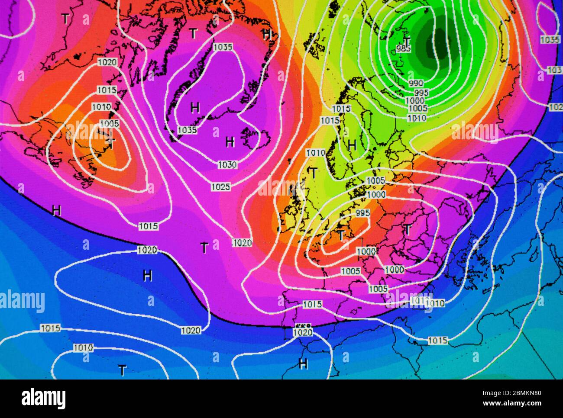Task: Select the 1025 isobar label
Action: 221,186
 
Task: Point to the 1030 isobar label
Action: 227,164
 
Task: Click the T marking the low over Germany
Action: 341,235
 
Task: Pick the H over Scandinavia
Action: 352,145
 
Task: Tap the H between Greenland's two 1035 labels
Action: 195,107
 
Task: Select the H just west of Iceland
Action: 230,141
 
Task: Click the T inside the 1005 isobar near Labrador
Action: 111,143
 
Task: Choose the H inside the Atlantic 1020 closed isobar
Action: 148,275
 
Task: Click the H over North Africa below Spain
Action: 303,363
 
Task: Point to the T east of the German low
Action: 407,229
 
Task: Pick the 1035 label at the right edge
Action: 550,39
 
